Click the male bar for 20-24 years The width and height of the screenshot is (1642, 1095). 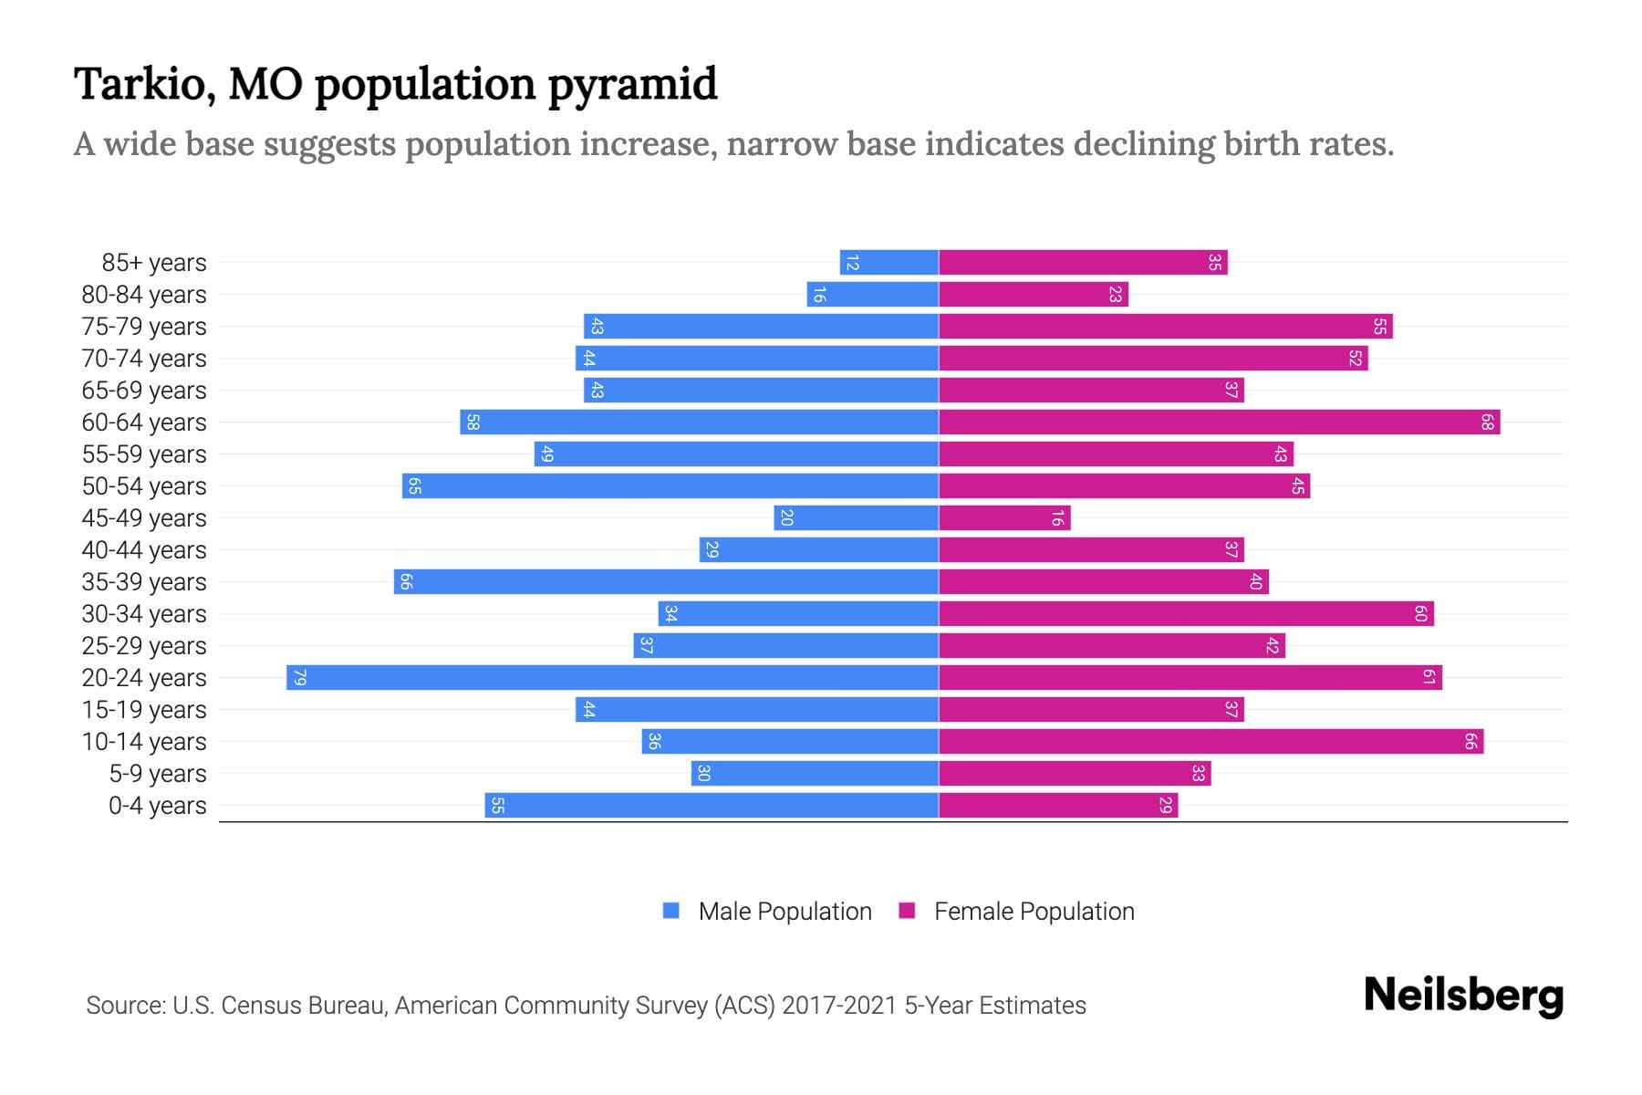(612, 678)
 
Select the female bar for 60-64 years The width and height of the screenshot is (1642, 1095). (1219, 422)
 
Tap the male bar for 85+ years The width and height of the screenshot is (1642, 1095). (889, 263)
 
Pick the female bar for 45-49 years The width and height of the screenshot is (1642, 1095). (1004, 518)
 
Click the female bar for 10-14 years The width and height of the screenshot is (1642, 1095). (1211, 742)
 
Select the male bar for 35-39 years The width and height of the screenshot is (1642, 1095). (666, 582)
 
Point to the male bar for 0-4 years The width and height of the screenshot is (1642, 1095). (712, 806)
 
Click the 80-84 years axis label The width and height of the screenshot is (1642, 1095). (144, 295)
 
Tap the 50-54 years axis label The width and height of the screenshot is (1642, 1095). (144, 486)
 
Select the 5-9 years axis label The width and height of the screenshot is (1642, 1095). (157, 774)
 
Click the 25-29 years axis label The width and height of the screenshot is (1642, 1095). (144, 646)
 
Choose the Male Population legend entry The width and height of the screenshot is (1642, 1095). (785, 912)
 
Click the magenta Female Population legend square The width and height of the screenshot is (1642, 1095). (907, 911)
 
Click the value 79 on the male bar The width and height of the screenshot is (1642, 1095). (299, 678)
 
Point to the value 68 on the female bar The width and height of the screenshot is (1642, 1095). (1487, 422)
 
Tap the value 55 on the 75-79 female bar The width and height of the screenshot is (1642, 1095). (1379, 327)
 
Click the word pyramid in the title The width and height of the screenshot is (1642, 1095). (632, 85)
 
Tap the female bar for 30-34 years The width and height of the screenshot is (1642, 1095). (1186, 614)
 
